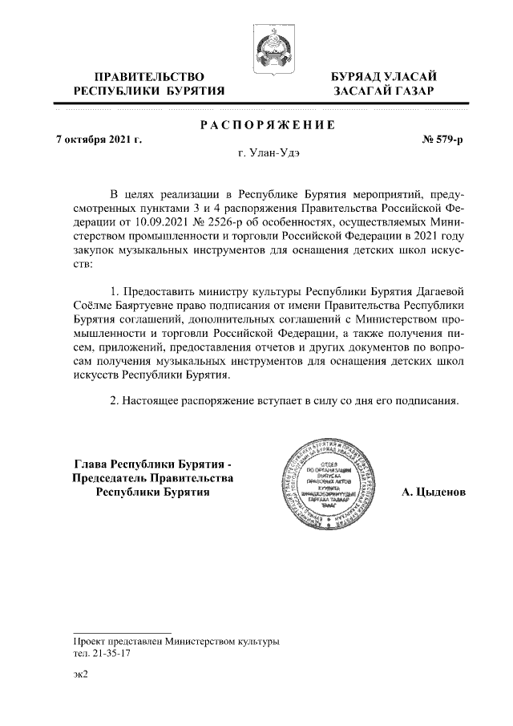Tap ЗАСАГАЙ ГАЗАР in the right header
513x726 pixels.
[x=384, y=91]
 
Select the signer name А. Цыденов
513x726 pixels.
[x=433, y=492]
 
